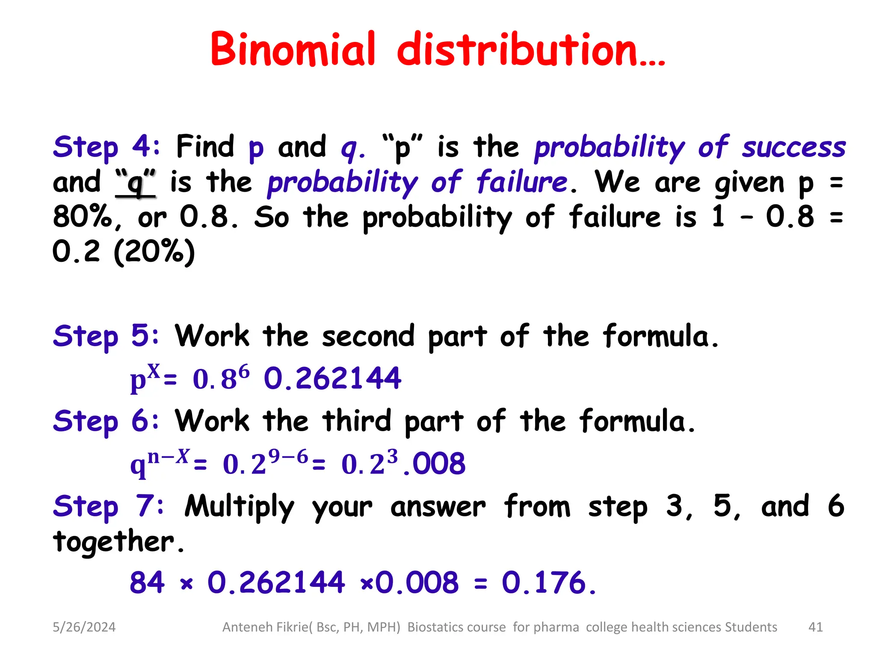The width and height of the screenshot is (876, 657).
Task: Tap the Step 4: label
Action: click(106, 147)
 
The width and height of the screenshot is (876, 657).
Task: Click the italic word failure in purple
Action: click(521, 182)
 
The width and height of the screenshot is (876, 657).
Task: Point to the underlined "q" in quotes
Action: click(136, 183)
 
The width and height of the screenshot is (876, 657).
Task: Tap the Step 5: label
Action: click(106, 336)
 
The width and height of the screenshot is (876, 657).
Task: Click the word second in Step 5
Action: click(368, 336)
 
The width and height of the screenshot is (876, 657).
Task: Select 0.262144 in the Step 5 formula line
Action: click(332, 379)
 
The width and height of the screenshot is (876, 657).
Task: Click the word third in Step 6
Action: click(357, 421)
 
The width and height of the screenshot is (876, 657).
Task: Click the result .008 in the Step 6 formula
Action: click(435, 464)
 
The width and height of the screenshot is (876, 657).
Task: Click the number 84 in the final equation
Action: click(147, 583)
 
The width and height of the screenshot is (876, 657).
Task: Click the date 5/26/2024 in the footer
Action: click(84, 627)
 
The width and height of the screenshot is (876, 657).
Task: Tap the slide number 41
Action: click(815, 627)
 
